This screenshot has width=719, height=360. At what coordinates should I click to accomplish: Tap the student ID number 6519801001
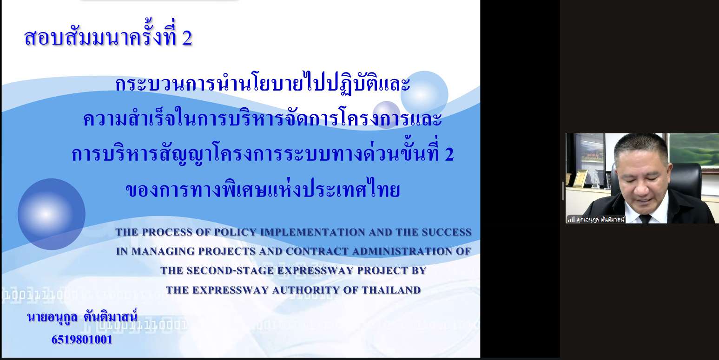82,340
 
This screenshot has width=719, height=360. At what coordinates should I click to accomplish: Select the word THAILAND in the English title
391,290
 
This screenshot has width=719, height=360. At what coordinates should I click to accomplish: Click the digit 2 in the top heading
187,38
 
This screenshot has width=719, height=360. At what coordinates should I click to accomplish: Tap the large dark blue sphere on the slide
51,214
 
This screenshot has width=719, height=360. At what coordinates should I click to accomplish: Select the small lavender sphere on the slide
387,114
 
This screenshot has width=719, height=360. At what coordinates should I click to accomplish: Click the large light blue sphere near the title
424,95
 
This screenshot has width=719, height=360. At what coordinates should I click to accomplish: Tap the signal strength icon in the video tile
571,219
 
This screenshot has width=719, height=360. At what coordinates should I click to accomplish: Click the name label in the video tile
600,220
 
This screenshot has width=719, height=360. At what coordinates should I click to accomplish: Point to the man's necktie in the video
645,219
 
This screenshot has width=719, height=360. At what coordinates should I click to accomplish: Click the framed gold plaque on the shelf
580,178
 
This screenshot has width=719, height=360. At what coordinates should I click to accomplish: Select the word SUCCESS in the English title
447,232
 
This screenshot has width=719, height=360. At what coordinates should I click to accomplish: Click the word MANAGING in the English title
163,251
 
